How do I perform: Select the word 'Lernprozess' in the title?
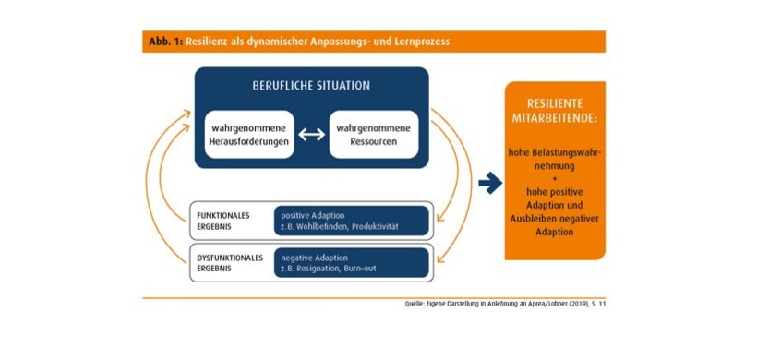pyautogui.click(x=421, y=42)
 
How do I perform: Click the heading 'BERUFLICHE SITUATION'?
pyautogui.click(x=311, y=86)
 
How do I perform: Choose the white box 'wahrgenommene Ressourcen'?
pyautogui.click(x=373, y=134)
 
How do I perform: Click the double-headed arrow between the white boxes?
pyautogui.click(x=311, y=135)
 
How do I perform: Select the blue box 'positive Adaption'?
pyautogui.click(x=352, y=221)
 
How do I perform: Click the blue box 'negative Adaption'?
pyautogui.click(x=352, y=263)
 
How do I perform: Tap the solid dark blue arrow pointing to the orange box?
pyautogui.click(x=490, y=184)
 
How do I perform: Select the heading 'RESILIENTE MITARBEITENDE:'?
pyautogui.click(x=555, y=110)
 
